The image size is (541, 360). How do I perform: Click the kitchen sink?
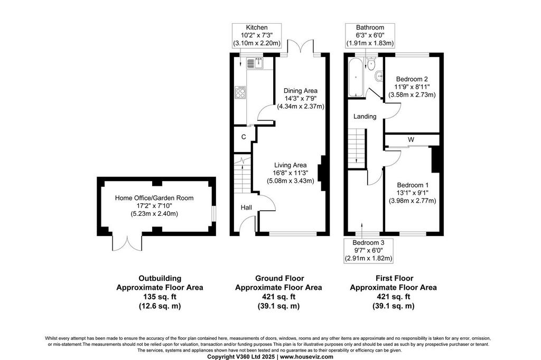click(x=255, y=63)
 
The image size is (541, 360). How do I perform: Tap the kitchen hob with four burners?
click(x=240, y=92)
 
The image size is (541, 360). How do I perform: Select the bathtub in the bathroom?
click(x=355, y=78)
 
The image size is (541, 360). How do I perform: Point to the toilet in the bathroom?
click(x=371, y=64)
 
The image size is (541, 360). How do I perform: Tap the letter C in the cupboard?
click(x=244, y=137)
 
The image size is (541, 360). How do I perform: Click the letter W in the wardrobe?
click(x=411, y=140)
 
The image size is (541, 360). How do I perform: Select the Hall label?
click(x=246, y=207)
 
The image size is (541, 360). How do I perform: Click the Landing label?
click(x=365, y=117)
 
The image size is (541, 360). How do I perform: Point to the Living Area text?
click(x=290, y=166)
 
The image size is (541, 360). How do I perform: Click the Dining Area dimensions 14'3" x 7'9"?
click(x=301, y=99)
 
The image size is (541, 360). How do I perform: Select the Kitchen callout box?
click(x=257, y=35)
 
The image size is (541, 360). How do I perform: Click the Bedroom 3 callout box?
click(x=368, y=251)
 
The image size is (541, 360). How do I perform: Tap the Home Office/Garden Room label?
click(x=154, y=198)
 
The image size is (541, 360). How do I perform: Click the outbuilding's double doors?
click(x=127, y=243)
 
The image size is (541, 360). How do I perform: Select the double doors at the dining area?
click(x=301, y=47)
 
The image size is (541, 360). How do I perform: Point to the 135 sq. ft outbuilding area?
click(x=160, y=297)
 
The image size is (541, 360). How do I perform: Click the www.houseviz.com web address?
click(x=306, y=357)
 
